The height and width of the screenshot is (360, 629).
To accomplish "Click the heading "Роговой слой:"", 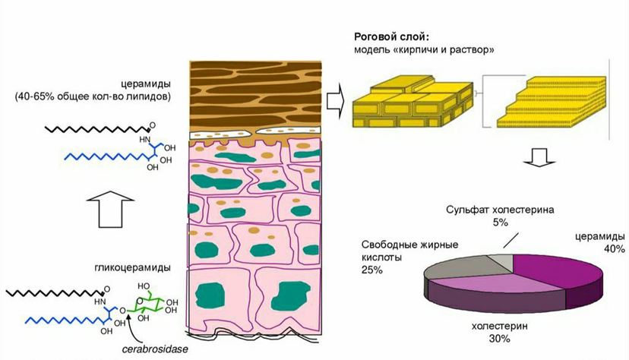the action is pos(392,36).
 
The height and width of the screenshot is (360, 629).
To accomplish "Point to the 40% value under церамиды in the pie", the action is pos(615,248).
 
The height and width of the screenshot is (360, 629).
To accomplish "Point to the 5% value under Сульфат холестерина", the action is pos(498,223).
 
